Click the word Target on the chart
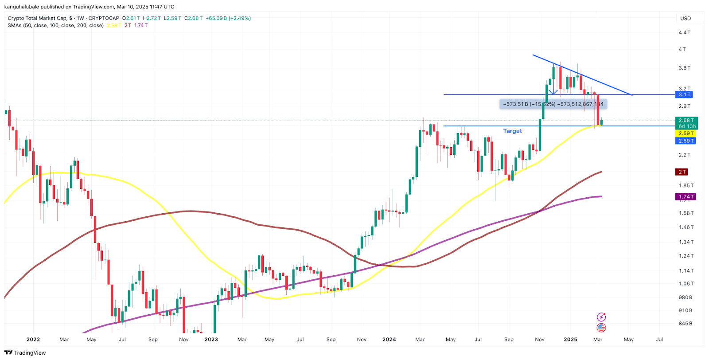(512, 131)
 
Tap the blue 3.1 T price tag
(685, 94)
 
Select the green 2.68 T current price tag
(686, 120)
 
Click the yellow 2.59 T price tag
(686, 133)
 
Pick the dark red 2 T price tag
(682, 172)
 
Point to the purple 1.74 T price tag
(686, 197)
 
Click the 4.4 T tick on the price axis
(685, 32)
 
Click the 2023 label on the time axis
(211, 340)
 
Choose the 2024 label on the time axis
(389, 340)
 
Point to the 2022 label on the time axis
(33, 340)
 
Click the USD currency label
(686, 19)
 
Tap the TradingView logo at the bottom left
(25, 353)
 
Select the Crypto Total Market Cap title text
(38, 18)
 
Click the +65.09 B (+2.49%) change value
(228, 18)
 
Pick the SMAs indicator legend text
(55, 25)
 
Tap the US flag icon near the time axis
(601, 328)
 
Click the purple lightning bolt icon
(601, 317)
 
